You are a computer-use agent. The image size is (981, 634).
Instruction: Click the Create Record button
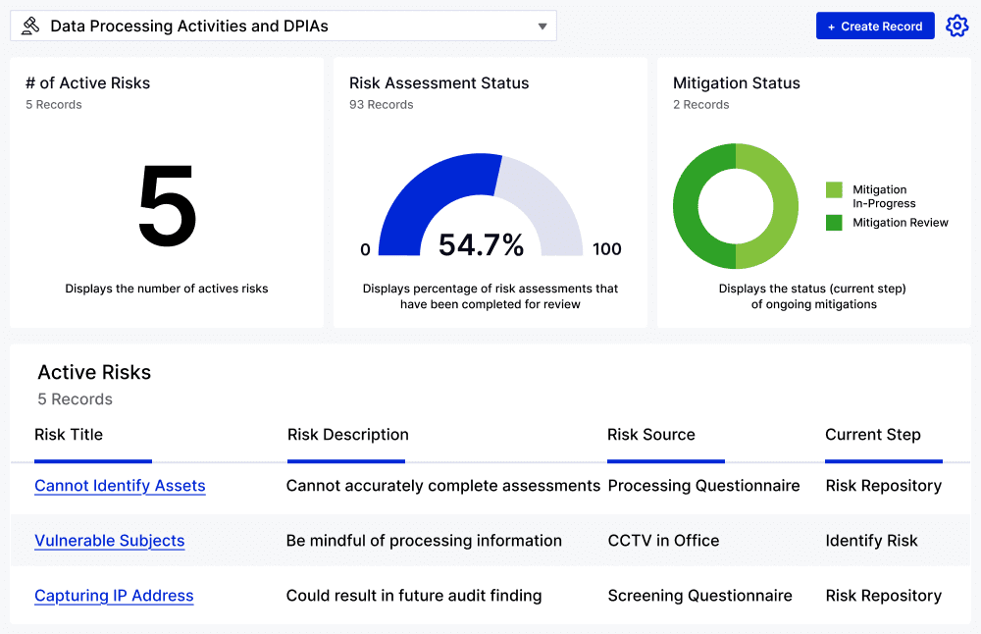tap(875, 26)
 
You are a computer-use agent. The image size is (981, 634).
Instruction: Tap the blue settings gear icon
tap(956, 26)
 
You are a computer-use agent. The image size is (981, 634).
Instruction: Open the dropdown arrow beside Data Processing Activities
tap(542, 26)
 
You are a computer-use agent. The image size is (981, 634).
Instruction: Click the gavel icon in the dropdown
tap(30, 26)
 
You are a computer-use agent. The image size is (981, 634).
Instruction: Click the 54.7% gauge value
tap(481, 245)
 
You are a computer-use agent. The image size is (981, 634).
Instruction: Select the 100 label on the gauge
tap(606, 249)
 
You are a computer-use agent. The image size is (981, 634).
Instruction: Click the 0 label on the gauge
tap(366, 249)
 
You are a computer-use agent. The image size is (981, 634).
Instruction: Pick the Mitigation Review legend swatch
tap(834, 223)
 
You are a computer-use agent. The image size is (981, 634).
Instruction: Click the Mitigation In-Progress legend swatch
tap(834, 189)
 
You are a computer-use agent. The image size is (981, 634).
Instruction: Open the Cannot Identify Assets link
tap(120, 486)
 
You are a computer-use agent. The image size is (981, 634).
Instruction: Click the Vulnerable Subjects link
tap(109, 541)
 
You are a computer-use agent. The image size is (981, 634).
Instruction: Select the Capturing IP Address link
tap(114, 596)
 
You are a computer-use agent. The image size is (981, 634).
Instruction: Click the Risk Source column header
tap(651, 435)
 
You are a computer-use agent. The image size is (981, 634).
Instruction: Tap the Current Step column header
tap(872, 435)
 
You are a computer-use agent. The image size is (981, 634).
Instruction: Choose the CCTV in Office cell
tap(663, 541)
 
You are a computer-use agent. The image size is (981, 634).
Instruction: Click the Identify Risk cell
tap(871, 541)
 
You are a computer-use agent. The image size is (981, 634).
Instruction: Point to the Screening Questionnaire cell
tap(699, 596)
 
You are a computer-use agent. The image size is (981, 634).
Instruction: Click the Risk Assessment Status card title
tap(439, 83)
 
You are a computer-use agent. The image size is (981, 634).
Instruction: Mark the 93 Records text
tap(381, 105)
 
